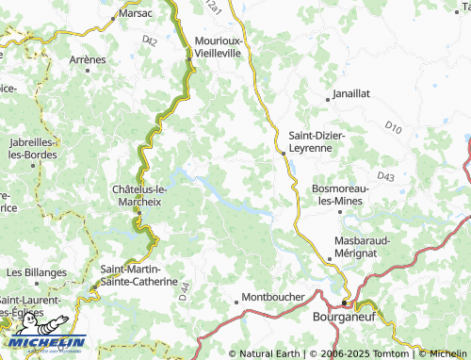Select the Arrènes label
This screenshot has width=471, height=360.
coord(88,59)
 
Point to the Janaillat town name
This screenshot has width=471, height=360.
coord(357,95)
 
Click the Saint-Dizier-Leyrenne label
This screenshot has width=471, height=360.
coord(317,141)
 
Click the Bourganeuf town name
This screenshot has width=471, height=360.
coord(345,319)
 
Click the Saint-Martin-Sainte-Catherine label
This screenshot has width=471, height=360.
coord(138,275)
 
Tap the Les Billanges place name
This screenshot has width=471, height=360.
coord(37,272)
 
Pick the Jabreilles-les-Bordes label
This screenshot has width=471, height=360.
coord(31,149)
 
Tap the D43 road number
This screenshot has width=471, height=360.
coord(385,176)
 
